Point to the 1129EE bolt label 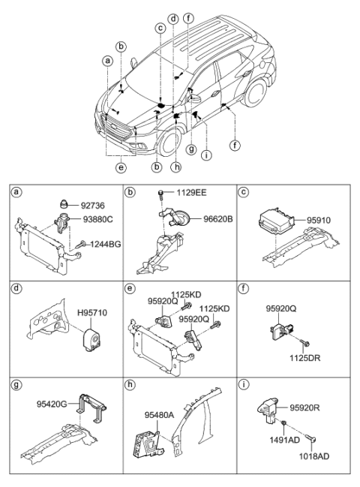(x=192, y=193)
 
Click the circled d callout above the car (x=173, y=17)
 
